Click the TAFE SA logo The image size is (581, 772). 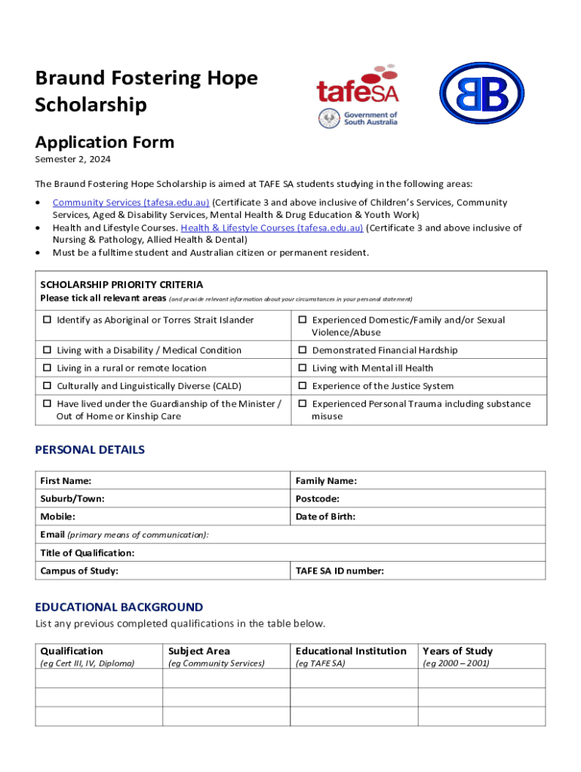pos(357,86)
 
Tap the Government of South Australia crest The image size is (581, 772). pos(328,118)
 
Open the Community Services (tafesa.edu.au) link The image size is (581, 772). pos(131,203)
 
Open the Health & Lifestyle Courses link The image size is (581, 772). pos(272,228)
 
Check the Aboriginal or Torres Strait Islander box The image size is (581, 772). pos(47,320)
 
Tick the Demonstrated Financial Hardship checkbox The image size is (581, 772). pos(301,351)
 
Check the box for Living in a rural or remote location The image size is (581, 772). pos(47,369)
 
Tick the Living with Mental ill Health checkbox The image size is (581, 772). pos(301,369)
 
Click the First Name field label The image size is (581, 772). pos(66,481)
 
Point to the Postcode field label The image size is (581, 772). pos(317,499)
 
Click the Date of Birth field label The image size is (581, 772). pos(325,517)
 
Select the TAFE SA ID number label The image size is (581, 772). pos(340,571)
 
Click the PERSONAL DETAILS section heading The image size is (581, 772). pos(90,450)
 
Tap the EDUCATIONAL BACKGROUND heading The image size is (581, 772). pos(119,607)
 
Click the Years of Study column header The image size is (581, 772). pos(457,651)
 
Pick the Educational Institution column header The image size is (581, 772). pos(351,651)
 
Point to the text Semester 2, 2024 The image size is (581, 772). pos(72,160)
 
